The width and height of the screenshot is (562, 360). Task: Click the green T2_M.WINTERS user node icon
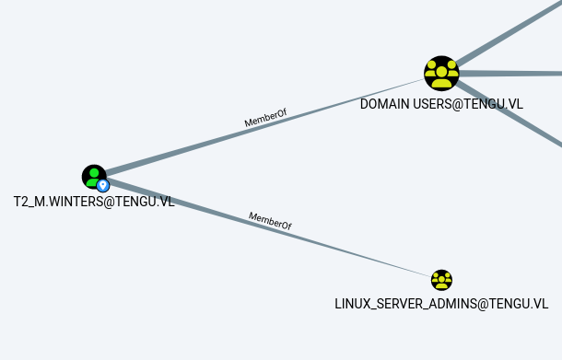click(x=94, y=177)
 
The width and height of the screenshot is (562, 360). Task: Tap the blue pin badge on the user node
click(x=103, y=186)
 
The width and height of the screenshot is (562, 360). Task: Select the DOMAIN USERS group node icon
click(x=441, y=74)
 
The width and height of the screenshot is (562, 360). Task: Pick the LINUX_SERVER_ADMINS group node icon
click(x=441, y=280)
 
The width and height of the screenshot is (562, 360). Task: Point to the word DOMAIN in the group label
click(x=384, y=104)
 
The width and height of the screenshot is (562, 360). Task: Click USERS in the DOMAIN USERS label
click(x=431, y=104)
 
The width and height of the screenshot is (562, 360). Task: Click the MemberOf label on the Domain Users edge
click(x=265, y=118)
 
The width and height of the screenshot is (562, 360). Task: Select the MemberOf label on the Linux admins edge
click(x=270, y=221)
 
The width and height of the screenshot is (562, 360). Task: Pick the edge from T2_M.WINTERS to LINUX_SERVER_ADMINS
click(x=268, y=228)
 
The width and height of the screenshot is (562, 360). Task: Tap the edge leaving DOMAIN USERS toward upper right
click(x=509, y=33)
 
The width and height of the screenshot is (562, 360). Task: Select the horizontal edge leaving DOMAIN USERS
click(x=510, y=74)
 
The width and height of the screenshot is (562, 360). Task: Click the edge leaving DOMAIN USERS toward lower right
click(x=509, y=114)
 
